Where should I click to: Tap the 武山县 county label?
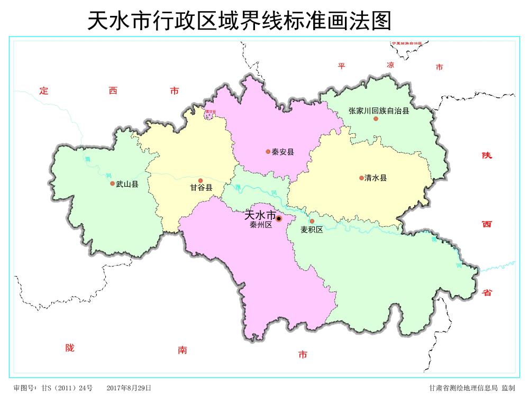[127, 184]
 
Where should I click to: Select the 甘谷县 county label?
[201, 188]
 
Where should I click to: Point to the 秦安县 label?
[282, 152]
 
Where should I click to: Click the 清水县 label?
[376, 178]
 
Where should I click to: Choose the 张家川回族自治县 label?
[379, 111]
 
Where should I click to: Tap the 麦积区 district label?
[312, 229]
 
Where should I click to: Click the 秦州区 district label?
[261, 225]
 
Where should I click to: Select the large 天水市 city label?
[260, 216]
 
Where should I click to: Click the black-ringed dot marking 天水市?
[279, 218]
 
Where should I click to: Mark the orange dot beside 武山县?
[112, 183]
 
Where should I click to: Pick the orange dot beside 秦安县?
[268, 152]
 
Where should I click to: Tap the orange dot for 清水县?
[361, 178]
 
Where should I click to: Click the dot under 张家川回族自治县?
[376, 118]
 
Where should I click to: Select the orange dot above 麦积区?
[312, 221]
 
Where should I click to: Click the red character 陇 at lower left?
[70, 348]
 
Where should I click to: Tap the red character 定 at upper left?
[44, 91]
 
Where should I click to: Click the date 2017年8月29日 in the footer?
[129, 388]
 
